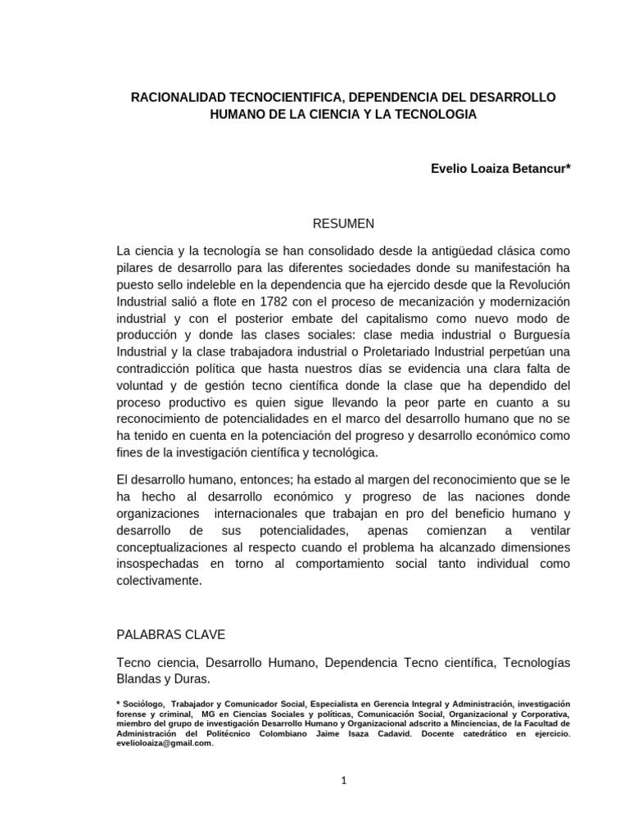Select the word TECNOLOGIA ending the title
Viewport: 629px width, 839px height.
tap(435, 115)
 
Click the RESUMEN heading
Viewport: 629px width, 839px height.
tap(344, 223)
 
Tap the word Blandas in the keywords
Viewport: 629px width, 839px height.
tap(142, 679)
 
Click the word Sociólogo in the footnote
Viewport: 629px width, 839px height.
tap(146, 705)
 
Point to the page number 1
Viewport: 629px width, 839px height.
tap(344, 781)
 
